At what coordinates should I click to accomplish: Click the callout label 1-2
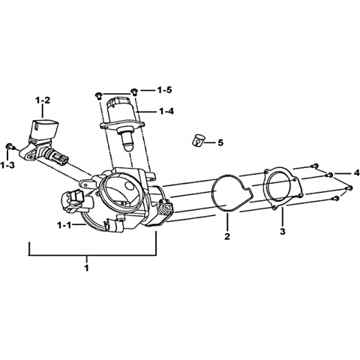pos(43,100)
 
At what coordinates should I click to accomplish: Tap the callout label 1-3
pos(8,165)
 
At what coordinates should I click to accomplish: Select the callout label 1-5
pos(164,90)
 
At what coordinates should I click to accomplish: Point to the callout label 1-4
pos(166,111)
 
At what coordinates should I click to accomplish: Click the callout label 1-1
pos(64,225)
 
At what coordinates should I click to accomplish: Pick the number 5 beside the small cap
pos(220,142)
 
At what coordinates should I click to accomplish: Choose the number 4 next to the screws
pos(356,172)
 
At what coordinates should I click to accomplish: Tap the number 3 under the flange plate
pos(282,231)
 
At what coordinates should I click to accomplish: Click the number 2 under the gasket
pos(227,236)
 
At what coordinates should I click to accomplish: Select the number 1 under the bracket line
pos(86,268)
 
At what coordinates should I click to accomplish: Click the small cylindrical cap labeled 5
pos(199,141)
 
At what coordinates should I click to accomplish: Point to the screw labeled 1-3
pos(10,146)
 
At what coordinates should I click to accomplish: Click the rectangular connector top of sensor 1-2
pos(44,129)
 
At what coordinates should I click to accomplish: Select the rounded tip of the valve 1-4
pos(128,145)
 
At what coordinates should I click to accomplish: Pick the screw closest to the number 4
pos(330,175)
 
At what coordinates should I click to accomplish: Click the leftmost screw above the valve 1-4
pos(98,95)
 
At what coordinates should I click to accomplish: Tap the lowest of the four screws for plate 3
pos(336,199)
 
